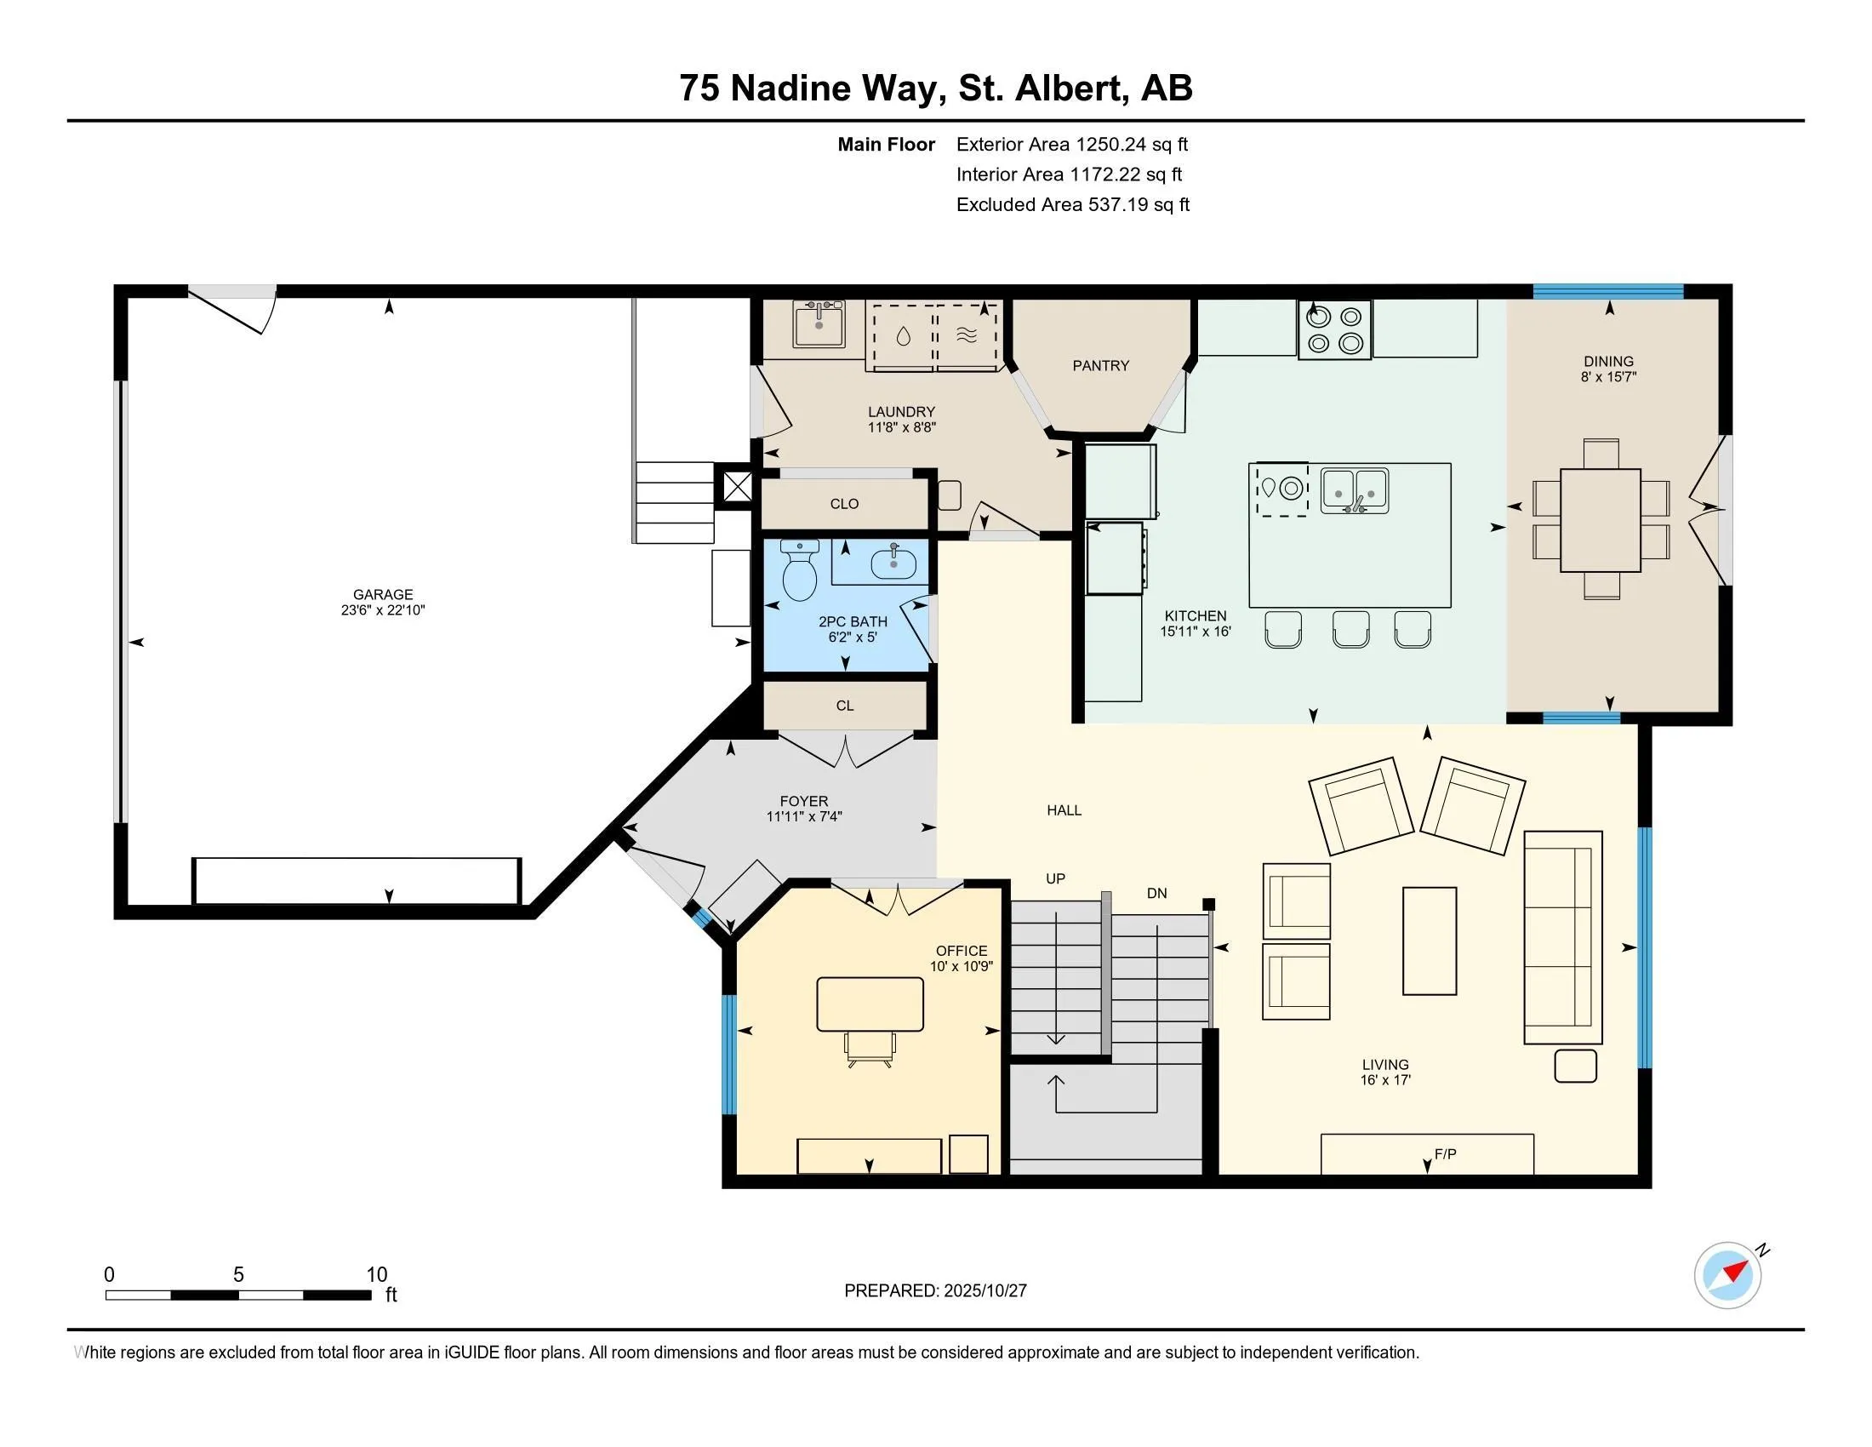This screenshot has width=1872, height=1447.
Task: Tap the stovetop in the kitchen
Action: tap(1334, 330)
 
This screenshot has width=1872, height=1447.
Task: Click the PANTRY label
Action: tap(1100, 366)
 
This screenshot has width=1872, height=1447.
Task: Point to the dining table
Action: tap(1601, 520)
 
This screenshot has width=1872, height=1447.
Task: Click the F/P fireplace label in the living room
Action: tap(1445, 1154)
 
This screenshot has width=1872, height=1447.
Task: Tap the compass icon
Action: tap(1727, 1275)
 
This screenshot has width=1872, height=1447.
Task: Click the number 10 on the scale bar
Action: tap(376, 1275)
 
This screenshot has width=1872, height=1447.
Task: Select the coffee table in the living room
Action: tap(1429, 941)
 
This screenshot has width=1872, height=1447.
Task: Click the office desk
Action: tap(870, 1004)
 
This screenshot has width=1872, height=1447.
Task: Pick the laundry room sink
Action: tap(819, 325)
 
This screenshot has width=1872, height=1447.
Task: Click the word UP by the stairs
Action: tap(1055, 878)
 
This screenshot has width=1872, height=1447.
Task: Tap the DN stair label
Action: tap(1156, 893)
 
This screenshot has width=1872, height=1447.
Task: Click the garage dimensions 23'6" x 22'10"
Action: tap(382, 610)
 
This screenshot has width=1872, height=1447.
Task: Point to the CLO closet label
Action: tap(844, 504)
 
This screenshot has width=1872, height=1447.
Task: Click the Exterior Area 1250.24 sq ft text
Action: tap(1071, 145)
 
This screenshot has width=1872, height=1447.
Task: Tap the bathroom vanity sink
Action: tap(893, 563)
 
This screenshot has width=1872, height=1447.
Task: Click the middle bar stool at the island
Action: tap(1350, 629)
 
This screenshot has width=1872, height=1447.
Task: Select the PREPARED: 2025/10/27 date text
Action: tap(935, 1291)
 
